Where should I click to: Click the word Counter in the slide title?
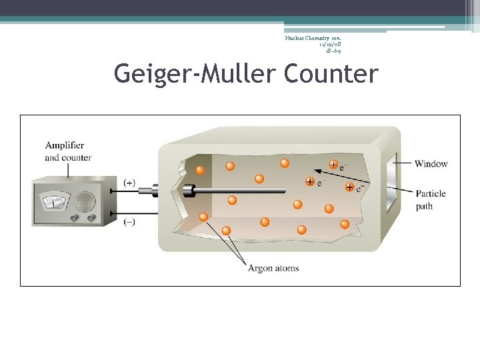pyautogui.click(x=331, y=73)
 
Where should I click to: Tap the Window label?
pyautogui.click(x=431, y=164)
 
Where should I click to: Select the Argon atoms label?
pyautogui.click(x=273, y=269)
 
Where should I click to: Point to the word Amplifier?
pyautogui.click(x=65, y=145)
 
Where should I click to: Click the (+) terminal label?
pyautogui.click(x=129, y=182)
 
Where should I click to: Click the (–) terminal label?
pyautogui.click(x=129, y=222)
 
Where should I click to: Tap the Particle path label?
pyautogui.click(x=431, y=200)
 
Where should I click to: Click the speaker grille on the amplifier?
pyautogui.click(x=85, y=201)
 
